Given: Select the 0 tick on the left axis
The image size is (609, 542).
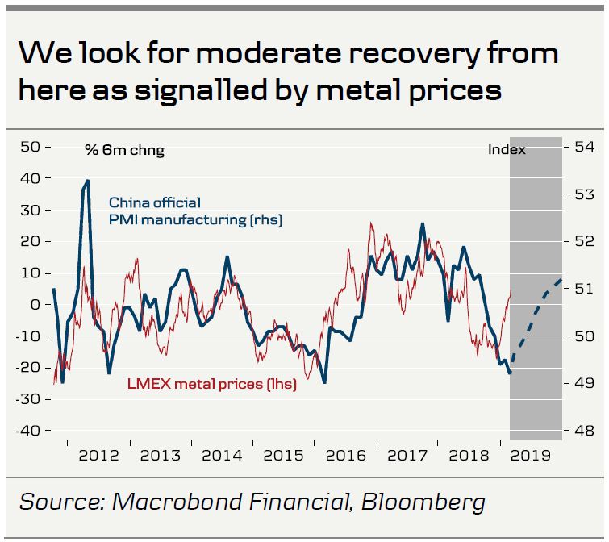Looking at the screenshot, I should click(35, 305).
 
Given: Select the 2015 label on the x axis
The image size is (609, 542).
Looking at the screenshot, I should click(284, 455).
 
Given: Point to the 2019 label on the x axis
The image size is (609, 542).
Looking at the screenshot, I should click(531, 455).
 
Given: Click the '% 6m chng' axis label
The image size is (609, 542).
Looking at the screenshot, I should click(124, 150).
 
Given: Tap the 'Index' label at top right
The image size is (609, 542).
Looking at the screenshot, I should click(507, 150).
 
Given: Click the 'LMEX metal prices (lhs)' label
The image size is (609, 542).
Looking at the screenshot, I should click(212, 385).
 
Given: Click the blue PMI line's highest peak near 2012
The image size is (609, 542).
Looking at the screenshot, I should click(86, 181).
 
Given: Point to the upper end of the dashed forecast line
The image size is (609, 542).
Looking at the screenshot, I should click(561, 280).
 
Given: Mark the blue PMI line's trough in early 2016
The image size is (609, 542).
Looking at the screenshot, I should click(324, 381).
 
